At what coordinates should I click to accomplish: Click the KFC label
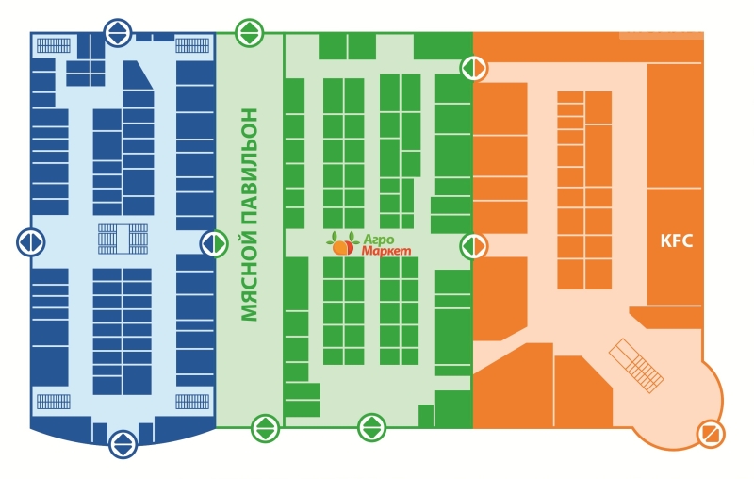(x=677, y=240)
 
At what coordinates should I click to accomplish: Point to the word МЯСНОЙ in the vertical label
(x=250, y=274)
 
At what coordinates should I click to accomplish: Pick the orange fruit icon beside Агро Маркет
(x=341, y=246)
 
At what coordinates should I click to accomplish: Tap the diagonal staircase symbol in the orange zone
(x=638, y=366)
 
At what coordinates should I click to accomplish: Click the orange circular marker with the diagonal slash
(x=711, y=434)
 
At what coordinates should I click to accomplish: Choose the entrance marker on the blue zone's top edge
(x=118, y=32)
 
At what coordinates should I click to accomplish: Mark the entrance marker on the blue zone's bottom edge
(x=123, y=443)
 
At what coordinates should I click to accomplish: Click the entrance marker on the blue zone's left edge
(x=30, y=242)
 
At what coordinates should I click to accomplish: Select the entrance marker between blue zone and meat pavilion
(x=214, y=243)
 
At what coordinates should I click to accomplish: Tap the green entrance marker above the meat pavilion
(x=249, y=33)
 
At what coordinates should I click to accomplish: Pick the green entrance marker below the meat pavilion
(x=265, y=428)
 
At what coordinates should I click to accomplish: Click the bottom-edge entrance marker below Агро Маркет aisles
(x=372, y=428)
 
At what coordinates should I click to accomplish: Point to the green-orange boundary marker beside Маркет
(x=473, y=247)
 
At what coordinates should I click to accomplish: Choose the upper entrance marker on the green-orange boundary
(x=473, y=68)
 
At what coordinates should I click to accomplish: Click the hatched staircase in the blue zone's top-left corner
(x=54, y=44)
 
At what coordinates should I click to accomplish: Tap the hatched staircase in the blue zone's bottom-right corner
(x=192, y=402)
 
